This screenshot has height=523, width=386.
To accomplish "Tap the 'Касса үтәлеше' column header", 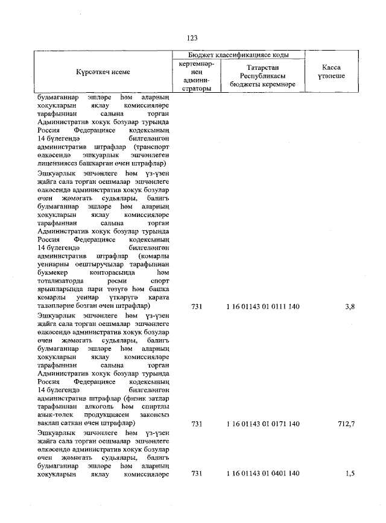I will tap(331, 72).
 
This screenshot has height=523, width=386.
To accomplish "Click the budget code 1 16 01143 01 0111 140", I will tap(263, 307).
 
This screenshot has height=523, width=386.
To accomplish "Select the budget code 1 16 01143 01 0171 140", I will tap(263, 424).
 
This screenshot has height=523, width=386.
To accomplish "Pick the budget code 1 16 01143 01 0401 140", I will tap(263, 474).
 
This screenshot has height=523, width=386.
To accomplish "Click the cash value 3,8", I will tap(350, 307).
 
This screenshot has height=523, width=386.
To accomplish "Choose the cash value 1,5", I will tap(350, 474).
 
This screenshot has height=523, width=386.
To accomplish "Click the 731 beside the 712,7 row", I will tap(196, 424).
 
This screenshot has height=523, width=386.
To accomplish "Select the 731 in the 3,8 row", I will tap(196, 307).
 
